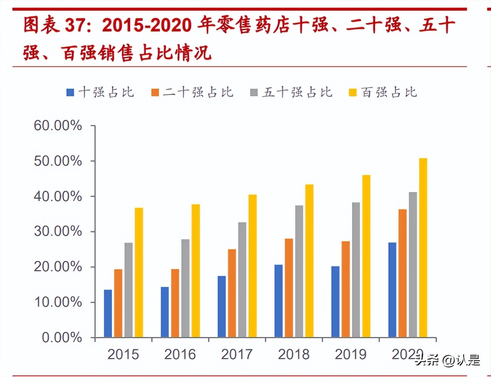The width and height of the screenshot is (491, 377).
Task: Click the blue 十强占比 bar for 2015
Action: [x=108, y=313]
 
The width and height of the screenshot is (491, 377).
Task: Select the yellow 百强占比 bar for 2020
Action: [x=423, y=247]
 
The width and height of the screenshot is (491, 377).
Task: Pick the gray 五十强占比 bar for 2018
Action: [x=299, y=271]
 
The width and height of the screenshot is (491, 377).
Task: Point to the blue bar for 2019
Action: [x=335, y=302]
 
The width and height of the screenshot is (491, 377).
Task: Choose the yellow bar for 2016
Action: [x=196, y=271]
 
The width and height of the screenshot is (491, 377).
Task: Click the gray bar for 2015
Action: [x=129, y=290]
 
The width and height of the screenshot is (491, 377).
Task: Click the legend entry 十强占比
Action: [x=101, y=93]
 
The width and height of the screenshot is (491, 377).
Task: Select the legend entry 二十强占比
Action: [x=193, y=93]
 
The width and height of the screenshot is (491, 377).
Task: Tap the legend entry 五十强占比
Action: [x=291, y=93]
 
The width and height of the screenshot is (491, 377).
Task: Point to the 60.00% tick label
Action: [x=58, y=126]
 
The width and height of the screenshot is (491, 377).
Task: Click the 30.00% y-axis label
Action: [x=58, y=231]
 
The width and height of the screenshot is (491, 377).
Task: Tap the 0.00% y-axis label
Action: [x=62, y=338]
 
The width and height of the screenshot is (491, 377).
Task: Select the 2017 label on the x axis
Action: [x=237, y=354]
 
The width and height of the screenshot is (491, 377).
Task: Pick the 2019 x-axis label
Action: [x=350, y=354]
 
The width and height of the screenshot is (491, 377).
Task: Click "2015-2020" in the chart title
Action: [x=147, y=25]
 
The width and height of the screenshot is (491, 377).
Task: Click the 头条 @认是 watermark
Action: [x=447, y=360]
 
